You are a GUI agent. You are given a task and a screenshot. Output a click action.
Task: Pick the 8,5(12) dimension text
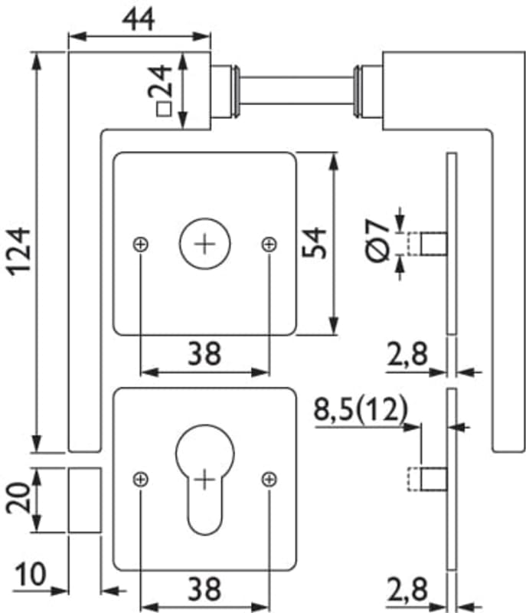(360, 411)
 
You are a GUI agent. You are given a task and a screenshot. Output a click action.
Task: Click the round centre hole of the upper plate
(204, 244)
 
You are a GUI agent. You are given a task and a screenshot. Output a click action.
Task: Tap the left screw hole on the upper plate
(140, 244)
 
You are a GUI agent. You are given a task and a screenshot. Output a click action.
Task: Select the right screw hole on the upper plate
(269, 244)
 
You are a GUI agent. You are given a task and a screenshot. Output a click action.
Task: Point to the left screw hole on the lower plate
(140, 480)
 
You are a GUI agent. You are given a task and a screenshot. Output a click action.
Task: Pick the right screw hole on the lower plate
(269, 480)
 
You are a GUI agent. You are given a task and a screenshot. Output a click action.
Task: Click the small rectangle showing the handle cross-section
(84, 500)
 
